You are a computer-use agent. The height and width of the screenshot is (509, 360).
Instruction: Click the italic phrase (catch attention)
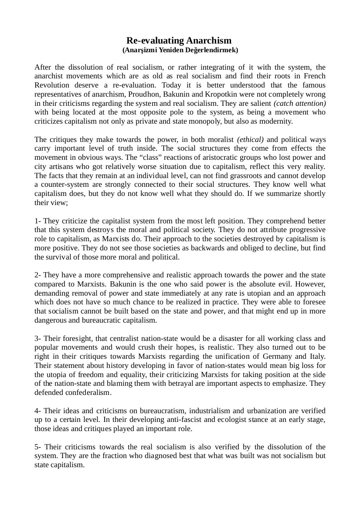[x=300, y=103]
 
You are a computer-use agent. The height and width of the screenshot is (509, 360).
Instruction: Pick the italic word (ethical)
[x=251, y=140]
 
